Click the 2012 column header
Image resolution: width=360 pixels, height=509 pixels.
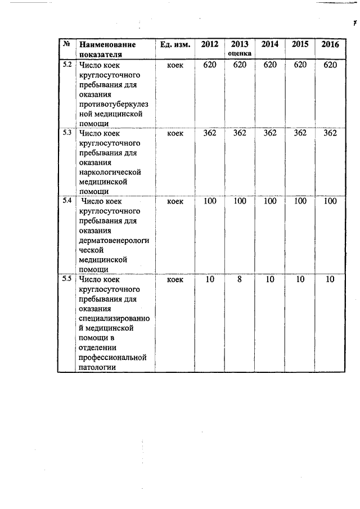[x=209, y=44]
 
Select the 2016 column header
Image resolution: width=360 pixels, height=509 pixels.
[x=330, y=44]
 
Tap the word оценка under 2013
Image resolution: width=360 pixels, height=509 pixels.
[x=240, y=53]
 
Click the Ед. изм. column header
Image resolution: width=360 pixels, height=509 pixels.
[x=175, y=44]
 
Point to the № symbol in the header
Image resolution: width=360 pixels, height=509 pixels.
[x=66, y=44]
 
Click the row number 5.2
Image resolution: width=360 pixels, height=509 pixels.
[x=66, y=65]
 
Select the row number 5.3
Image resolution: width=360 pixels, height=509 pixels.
[x=66, y=133]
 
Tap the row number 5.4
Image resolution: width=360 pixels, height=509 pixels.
[x=66, y=201]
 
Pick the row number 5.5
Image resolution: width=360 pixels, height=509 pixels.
[x=66, y=279]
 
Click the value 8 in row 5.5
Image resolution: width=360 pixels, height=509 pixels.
[x=240, y=279]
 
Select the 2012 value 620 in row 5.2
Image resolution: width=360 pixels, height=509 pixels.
[x=209, y=65]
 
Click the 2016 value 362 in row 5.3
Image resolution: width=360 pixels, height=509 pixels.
[x=330, y=133]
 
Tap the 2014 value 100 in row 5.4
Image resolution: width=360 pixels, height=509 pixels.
[x=270, y=201]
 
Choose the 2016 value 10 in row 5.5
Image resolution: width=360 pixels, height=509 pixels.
[x=330, y=279]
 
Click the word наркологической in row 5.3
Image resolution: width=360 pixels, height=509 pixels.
[x=110, y=172]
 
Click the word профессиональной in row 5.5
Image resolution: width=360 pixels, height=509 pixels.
[x=112, y=357]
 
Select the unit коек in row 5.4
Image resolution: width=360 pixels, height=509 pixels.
[x=175, y=201]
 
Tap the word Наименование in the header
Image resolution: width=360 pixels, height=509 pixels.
[x=107, y=44]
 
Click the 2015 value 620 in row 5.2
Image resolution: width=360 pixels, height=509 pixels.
[x=300, y=65]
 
